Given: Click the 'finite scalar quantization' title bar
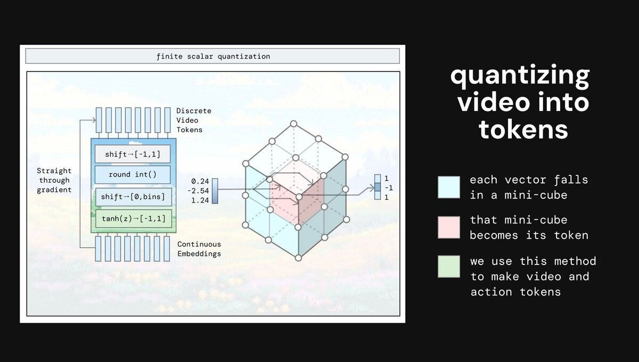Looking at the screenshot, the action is coord(212,56).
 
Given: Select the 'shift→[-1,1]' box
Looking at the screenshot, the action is coord(133,154).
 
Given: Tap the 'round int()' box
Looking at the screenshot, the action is coord(133,174).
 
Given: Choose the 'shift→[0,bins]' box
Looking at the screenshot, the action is coord(134,197).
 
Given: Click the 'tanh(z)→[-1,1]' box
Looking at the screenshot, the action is coord(134,219).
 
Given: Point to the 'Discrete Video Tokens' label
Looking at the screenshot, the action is coord(194,120).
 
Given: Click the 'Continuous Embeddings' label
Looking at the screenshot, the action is coord(199,249).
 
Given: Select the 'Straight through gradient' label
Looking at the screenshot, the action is coord(54,180).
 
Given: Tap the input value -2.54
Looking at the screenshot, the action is coord(198,191).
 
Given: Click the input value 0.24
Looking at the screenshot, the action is coord(200,181).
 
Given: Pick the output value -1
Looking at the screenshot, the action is coord(389,188).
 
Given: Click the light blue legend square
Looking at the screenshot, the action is coord(449,187).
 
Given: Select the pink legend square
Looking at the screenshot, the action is coord(449,227).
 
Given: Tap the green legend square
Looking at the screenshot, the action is coord(449,267).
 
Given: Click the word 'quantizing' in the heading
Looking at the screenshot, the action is coord(520,76).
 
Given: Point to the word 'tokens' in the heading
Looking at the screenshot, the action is coord(523,130).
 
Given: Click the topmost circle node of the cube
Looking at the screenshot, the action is coord(293,124).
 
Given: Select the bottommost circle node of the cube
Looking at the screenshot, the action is coord(298,258).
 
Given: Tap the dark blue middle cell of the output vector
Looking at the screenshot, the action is coord(378,187).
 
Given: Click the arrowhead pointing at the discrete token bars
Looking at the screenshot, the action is coord(94,120).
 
